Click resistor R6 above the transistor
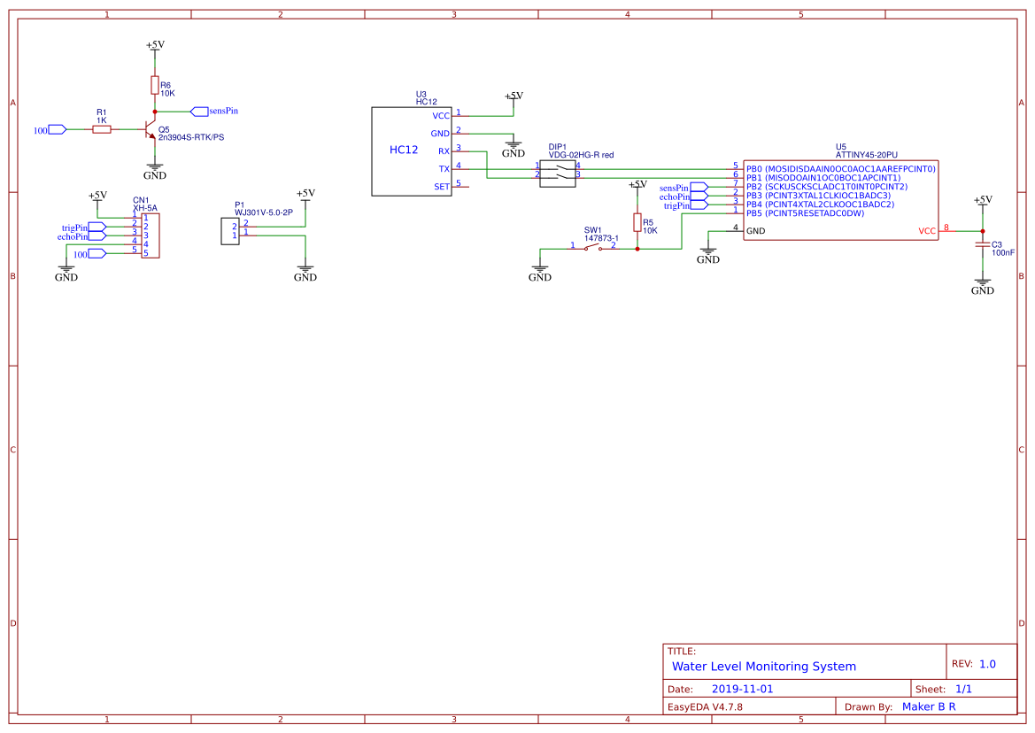(x=155, y=85)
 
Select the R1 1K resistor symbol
(x=102, y=129)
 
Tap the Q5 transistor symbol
(x=148, y=129)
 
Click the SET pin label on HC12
(x=442, y=187)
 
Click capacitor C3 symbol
(x=982, y=244)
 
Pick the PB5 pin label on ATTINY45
(x=753, y=213)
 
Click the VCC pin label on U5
(x=926, y=231)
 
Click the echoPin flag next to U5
(x=699, y=197)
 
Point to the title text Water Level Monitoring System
(x=763, y=667)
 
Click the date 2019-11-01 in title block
(x=742, y=689)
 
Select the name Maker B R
(x=928, y=706)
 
